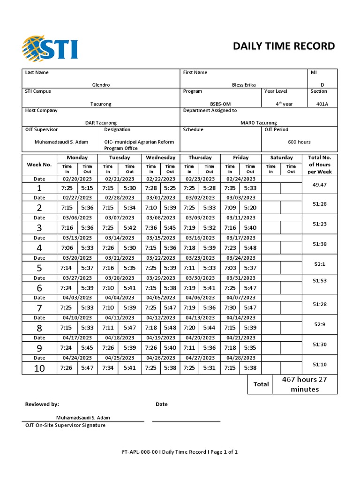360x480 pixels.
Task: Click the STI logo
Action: point(50,48)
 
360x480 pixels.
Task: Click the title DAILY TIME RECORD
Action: point(284,46)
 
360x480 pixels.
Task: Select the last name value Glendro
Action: point(101,85)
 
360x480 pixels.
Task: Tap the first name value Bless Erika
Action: point(244,85)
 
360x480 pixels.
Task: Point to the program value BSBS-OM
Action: point(220,104)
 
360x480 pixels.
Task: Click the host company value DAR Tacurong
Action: point(101,123)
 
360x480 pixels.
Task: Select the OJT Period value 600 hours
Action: point(299,142)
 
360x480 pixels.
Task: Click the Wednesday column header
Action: point(160,157)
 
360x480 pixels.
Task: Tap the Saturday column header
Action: point(281,157)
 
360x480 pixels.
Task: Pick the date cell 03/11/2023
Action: point(241,217)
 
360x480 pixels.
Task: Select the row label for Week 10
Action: point(39,368)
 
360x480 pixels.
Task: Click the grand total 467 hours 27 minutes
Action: point(304,384)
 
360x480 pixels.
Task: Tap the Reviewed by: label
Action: point(42,404)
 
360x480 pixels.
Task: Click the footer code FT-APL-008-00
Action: point(141,452)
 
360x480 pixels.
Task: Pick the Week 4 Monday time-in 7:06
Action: point(67,247)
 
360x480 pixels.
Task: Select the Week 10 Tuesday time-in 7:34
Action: point(108,368)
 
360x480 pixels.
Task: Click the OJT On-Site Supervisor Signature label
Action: point(65,425)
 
